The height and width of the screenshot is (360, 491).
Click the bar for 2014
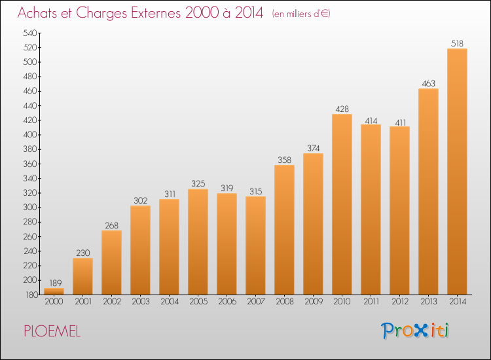coord(457,171)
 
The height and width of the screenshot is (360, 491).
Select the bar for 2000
coord(54,291)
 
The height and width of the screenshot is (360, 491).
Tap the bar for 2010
coord(342,204)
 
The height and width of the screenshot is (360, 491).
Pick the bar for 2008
coord(284,229)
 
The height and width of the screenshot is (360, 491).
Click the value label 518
coord(457,43)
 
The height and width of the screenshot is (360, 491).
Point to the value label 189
coord(54,283)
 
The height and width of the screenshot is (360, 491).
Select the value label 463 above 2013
coord(428,83)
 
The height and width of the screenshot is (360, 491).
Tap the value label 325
coord(198,184)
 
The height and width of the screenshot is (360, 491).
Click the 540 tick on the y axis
coord(30,33)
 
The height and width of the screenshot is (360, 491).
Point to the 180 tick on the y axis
coord(30,295)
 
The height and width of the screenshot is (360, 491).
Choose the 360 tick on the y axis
coord(30,164)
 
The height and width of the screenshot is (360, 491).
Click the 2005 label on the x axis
coord(198,302)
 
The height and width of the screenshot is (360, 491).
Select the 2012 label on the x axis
coord(399,302)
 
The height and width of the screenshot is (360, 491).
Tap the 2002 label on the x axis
coord(111,302)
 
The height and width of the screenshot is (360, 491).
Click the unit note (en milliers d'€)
coord(301,14)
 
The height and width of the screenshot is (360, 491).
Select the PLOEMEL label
coord(52,332)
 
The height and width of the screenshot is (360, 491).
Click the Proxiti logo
coord(415,331)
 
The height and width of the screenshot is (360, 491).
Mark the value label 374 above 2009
coord(313,148)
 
